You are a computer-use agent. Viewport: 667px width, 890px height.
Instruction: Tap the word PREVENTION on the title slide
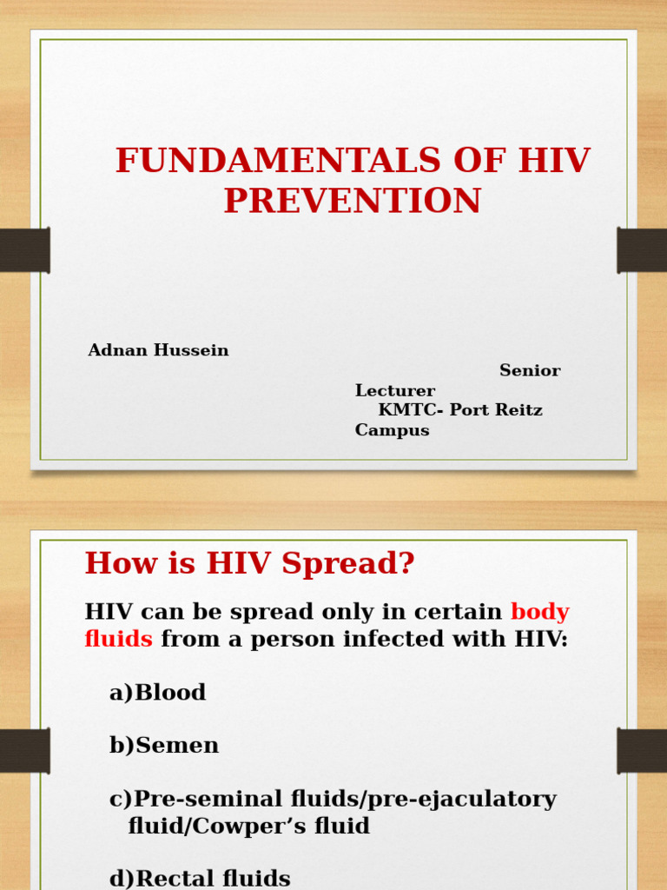pyautogui.click(x=352, y=201)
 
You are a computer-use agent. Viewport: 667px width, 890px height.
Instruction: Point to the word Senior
pyautogui.click(x=530, y=371)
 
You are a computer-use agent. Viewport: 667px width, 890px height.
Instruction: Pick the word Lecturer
pyautogui.click(x=395, y=391)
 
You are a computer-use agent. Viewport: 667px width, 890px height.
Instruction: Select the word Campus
pyautogui.click(x=392, y=430)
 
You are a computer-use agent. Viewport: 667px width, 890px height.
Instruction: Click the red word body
pyautogui.click(x=539, y=612)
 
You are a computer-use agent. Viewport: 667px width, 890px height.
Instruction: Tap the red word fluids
pyautogui.click(x=119, y=640)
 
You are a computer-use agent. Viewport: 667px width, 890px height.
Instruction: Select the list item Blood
pyautogui.click(x=170, y=693)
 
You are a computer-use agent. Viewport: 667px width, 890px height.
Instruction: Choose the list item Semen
pyautogui.click(x=177, y=746)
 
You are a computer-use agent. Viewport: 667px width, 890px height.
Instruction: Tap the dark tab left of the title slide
pyautogui.click(x=24, y=250)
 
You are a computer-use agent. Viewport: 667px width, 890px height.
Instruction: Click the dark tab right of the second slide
pyautogui.click(x=642, y=751)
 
